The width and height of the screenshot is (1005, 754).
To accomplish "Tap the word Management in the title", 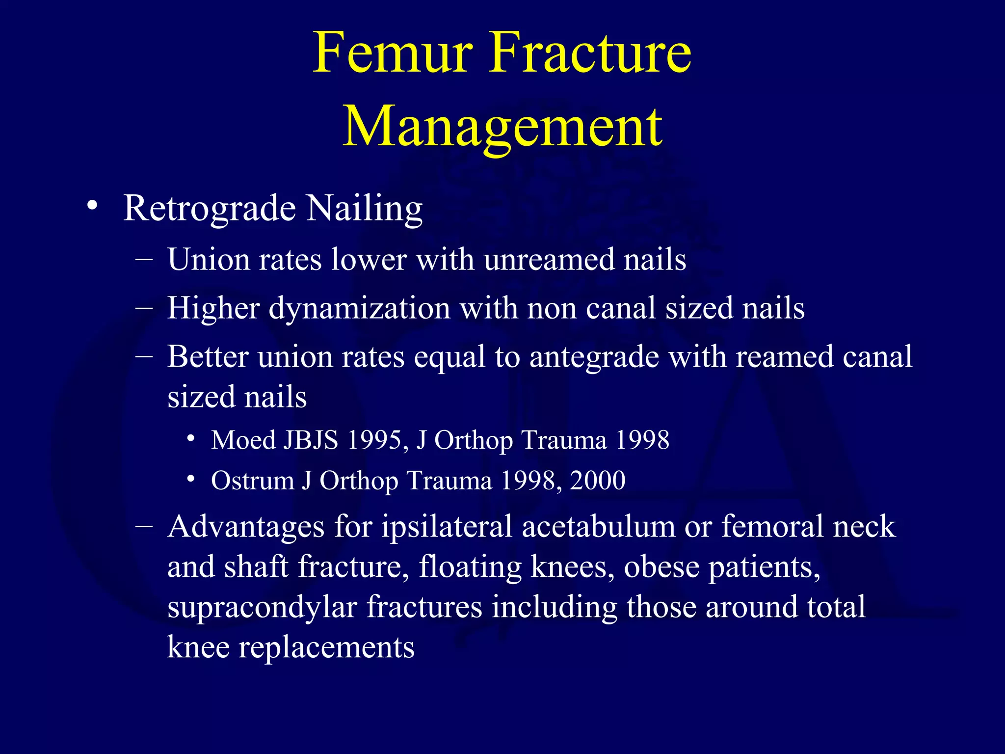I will [502, 127].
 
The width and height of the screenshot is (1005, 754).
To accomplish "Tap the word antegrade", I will [594, 357].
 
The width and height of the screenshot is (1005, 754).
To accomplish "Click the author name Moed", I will [243, 440].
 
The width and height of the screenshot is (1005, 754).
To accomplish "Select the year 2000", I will [598, 480].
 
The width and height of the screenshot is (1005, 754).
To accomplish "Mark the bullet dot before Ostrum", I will [191, 479].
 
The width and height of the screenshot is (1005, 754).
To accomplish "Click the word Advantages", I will [246, 527].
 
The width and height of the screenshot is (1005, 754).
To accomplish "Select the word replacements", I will [326, 647].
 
